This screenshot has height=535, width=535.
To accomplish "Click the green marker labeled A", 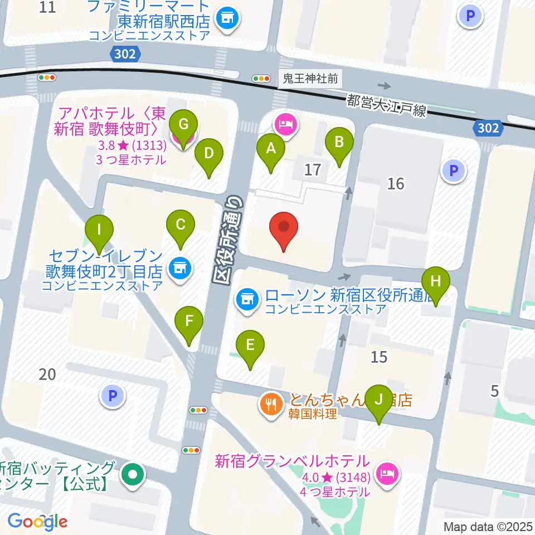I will point(271,149).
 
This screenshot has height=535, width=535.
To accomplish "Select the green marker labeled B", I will point(339,142).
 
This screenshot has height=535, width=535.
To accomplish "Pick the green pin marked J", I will point(379,400).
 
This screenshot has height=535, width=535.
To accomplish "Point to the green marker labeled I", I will point(99,230).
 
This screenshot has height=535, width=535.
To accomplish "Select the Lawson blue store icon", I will point(247,299).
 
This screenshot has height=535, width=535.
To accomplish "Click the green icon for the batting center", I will point(133,475).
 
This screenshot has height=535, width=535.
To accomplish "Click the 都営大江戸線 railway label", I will point(386,105).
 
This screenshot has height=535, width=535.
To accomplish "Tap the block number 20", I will point(47,374).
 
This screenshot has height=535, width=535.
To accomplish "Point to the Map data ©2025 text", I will point(487,526).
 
